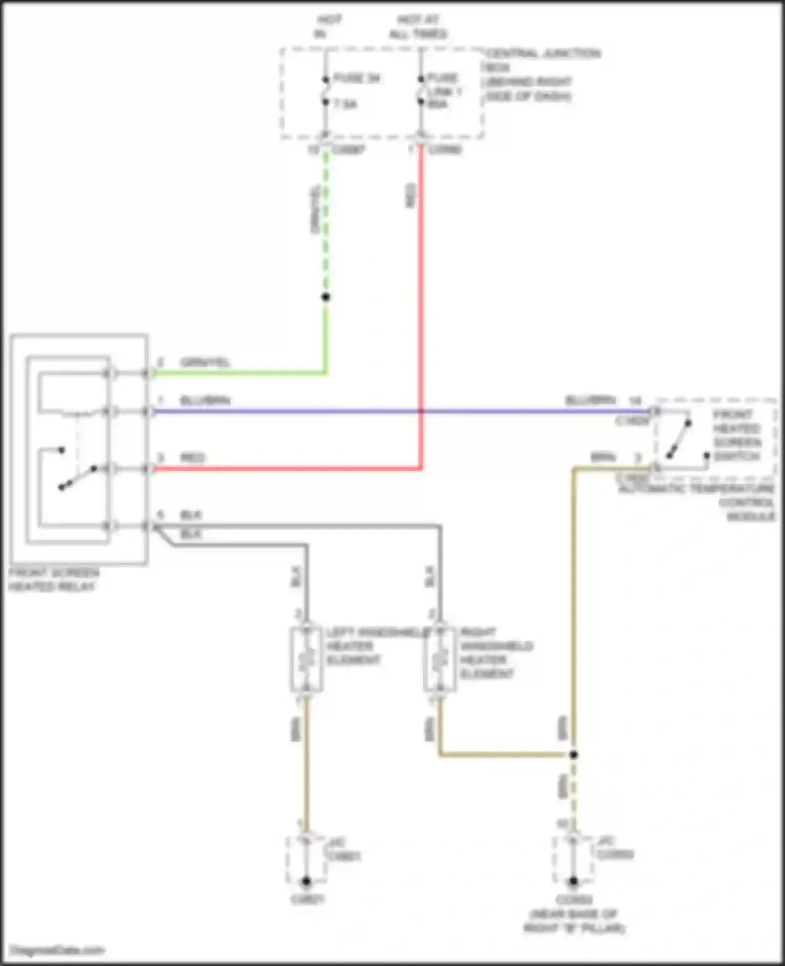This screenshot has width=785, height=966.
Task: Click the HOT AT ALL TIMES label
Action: (x=418, y=27)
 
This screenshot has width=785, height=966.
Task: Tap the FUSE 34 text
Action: (x=356, y=78)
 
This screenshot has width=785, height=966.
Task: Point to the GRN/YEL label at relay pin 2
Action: (x=205, y=363)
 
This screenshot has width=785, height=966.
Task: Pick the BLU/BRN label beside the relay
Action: (x=205, y=401)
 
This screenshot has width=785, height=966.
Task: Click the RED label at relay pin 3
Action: (x=192, y=458)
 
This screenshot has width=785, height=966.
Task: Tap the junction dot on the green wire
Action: (x=326, y=297)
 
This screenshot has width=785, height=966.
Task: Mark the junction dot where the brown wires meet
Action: (x=574, y=755)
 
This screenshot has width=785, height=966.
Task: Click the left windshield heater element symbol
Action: (x=306, y=659)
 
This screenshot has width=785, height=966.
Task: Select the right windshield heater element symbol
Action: (x=440, y=659)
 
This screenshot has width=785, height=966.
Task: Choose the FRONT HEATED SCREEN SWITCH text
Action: (x=737, y=435)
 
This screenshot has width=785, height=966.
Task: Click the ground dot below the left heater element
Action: (x=306, y=882)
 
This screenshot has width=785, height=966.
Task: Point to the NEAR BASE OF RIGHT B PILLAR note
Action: (x=574, y=922)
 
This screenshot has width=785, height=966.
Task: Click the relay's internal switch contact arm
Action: (x=77, y=477)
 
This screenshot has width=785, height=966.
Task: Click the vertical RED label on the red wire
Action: (x=411, y=196)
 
